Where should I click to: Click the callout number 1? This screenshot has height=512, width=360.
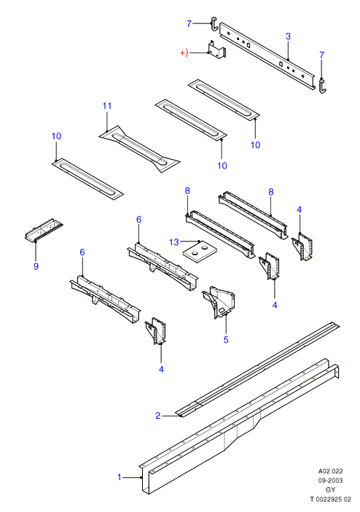[120, 477]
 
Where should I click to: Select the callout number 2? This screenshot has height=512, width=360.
[158, 415]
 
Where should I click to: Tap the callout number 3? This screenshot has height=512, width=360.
[288, 36]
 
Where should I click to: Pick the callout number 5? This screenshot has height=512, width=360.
[226, 340]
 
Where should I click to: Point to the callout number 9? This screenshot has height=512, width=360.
[36, 266]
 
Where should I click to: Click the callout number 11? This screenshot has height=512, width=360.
[107, 106]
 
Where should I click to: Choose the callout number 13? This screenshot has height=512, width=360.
[174, 242]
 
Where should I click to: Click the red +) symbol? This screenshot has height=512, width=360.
[184, 53]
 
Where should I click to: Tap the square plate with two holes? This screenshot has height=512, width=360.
[200, 252]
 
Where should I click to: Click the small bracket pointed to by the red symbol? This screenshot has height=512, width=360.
[217, 50]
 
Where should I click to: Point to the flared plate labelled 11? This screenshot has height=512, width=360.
[139, 149]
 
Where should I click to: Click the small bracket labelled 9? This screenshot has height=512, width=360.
[44, 230]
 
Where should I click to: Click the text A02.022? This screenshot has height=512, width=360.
[330, 471]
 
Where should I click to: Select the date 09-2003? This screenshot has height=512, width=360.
[330, 481]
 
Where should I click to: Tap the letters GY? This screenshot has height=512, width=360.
[330, 490]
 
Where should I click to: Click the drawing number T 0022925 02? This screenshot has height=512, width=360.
[330, 500]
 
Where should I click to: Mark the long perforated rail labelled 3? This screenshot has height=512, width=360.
[267, 56]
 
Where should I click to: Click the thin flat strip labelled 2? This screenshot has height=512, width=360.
[257, 369]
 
